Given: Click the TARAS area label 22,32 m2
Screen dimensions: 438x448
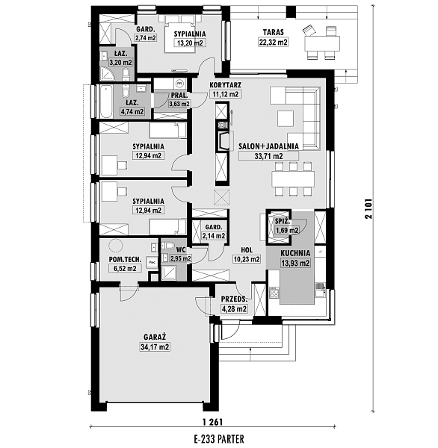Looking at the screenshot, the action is coord(274,43).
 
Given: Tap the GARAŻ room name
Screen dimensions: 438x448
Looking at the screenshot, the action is coord(155,337).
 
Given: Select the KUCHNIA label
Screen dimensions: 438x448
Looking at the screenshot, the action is coord(295,253).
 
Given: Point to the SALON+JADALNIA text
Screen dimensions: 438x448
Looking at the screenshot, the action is coord(268,146).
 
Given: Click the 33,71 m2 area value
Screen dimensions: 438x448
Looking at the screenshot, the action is coord(268,156).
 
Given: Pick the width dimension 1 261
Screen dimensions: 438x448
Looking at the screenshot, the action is coord(212,422).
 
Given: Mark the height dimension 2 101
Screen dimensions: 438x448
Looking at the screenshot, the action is coord(368,208).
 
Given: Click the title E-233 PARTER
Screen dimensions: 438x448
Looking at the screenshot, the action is coord(219,438).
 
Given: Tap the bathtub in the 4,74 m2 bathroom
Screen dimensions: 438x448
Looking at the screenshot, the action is coord(106,102).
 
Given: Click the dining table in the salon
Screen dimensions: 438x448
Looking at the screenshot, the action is coord(293,179).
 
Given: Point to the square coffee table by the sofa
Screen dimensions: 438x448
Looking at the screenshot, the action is coord(286,119).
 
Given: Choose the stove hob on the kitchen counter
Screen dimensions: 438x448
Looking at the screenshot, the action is coord(274,292).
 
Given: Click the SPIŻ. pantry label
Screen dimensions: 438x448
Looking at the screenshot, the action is coord(283,221).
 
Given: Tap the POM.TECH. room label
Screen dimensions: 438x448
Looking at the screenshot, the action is coord(125,259).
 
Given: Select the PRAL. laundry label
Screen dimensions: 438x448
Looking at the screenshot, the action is coord(179,95).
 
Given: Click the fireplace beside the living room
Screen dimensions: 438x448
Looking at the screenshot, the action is coord(223,140).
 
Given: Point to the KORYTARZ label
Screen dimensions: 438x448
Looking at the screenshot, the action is coord(226,85).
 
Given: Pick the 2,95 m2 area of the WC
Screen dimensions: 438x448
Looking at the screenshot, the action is coord(181,258).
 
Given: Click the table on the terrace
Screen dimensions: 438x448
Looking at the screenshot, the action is coord(322,43).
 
